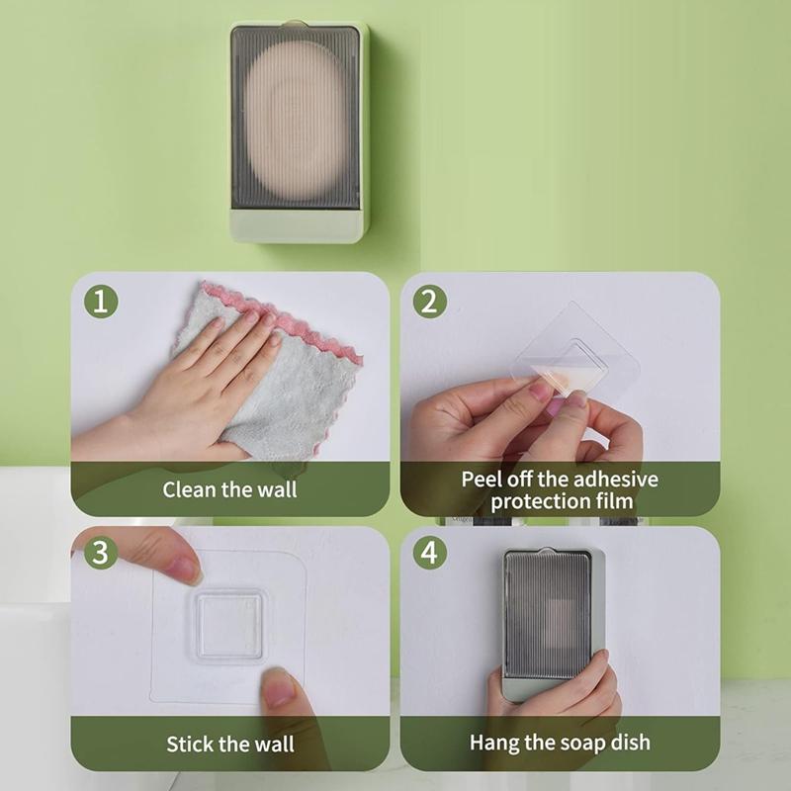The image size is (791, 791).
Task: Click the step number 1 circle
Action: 100,301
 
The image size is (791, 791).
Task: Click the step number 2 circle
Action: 428,301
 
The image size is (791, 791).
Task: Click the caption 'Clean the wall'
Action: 229,488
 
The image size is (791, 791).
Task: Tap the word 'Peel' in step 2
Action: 482,480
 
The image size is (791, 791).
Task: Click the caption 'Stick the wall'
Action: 229,743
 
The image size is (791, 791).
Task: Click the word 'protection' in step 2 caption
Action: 539,501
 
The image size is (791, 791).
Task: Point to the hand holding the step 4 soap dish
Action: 554,702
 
